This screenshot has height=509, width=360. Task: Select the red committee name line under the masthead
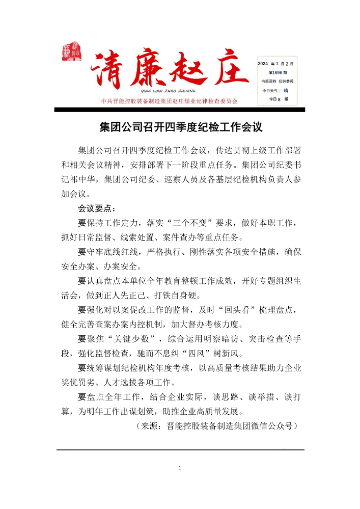(x=170, y=101)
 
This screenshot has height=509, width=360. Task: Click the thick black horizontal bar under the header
(x=180, y=110)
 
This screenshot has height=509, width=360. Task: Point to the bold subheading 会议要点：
(x=97, y=208)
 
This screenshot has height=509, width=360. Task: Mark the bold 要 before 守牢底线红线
(x=81, y=252)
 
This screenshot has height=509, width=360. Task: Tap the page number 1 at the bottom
(x=180, y=468)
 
